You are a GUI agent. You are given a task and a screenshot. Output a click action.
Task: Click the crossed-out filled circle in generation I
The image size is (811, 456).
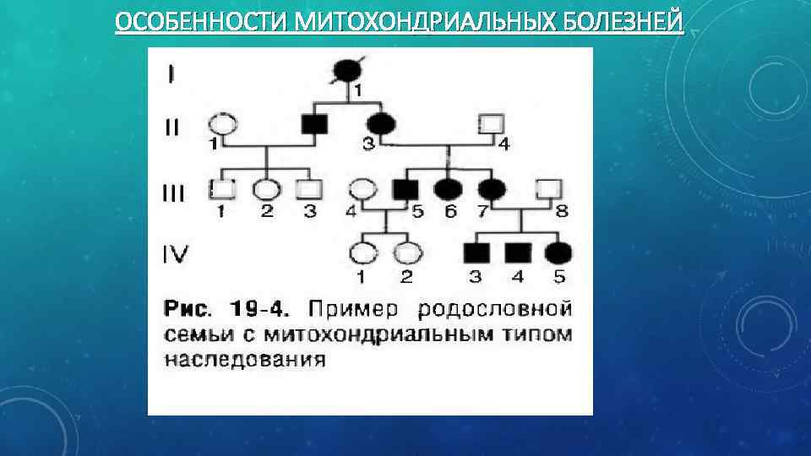pyautogui.click(x=346, y=70)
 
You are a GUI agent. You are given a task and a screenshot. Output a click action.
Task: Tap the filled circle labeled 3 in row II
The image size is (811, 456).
pyautogui.click(x=380, y=125)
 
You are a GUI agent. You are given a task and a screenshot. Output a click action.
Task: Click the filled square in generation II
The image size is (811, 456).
pyautogui.click(x=315, y=125)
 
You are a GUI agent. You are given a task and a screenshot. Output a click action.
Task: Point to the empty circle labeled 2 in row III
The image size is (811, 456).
pyautogui.click(x=267, y=189)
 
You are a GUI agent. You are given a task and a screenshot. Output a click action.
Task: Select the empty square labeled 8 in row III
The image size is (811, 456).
pyautogui.click(x=550, y=189)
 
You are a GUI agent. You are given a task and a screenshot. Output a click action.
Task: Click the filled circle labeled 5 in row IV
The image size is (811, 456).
pyautogui.click(x=558, y=252)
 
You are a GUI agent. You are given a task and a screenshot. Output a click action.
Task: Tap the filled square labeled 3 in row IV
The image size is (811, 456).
pyautogui.click(x=474, y=252)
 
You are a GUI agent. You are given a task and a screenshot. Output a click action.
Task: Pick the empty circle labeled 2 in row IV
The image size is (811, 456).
pyautogui.click(x=408, y=252)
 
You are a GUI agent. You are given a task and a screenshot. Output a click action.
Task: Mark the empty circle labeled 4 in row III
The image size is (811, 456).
pyautogui.click(x=363, y=189)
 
